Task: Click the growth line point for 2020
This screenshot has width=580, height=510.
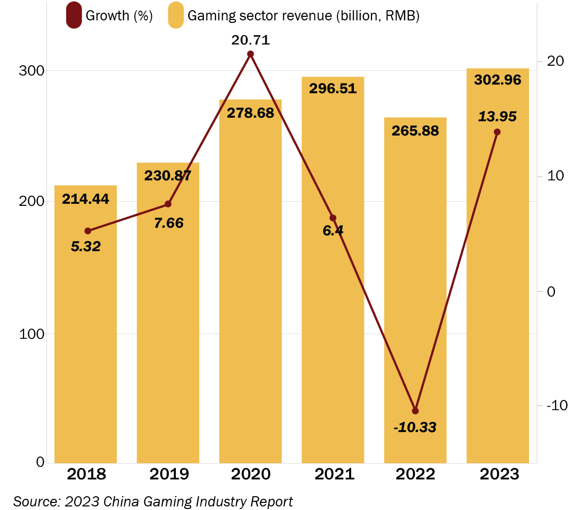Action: tap(250, 54)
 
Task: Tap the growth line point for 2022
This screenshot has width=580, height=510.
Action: tap(415, 411)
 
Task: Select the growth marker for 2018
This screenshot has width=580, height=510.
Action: tap(88, 231)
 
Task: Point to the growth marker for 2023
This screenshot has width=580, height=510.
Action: tap(497, 132)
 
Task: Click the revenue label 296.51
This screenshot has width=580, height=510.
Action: tap(333, 88)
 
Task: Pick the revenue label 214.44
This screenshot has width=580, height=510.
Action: tap(86, 199)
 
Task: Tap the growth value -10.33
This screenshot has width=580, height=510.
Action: tap(415, 427)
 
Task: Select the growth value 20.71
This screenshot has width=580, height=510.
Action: tap(250, 40)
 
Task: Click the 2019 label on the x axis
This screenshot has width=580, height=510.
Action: tap(169, 474)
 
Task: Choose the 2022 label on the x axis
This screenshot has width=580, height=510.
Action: tap(415, 474)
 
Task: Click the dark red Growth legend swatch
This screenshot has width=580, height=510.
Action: tap(74, 16)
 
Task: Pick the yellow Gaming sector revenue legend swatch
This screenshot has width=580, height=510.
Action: tap(176, 16)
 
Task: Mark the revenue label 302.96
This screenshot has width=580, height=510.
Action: tap(497, 80)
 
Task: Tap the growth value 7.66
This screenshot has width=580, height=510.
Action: tap(169, 223)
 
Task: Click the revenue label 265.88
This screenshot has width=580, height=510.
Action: tap(415, 130)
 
